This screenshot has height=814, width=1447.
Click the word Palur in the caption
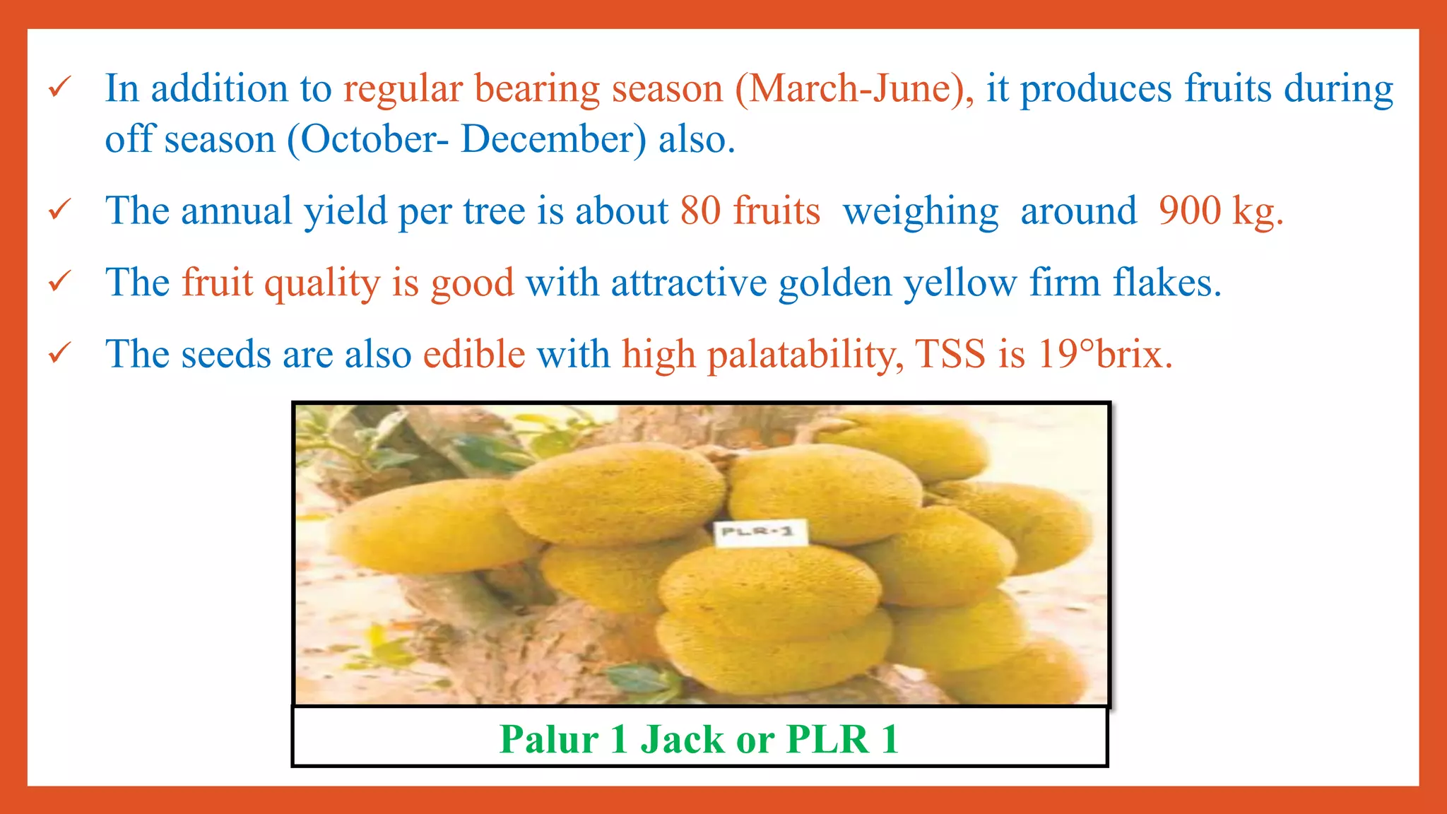(x=549, y=739)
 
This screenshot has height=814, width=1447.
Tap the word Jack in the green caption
(x=682, y=739)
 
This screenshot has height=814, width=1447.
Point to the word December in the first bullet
(x=553, y=138)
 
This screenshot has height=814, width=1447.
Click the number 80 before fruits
(x=700, y=211)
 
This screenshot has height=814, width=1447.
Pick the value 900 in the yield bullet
(x=1190, y=211)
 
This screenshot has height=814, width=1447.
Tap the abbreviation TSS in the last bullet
(x=950, y=354)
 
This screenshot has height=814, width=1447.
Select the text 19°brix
(x=1105, y=354)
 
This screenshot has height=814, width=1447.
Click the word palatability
(x=805, y=355)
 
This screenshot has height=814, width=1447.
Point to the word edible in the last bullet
(x=474, y=354)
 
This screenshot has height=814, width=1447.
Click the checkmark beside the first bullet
(x=59, y=88)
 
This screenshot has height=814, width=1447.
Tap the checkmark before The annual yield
(x=59, y=210)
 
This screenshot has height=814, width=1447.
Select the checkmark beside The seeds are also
(x=59, y=353)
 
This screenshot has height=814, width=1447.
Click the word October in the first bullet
(x=367, y=138)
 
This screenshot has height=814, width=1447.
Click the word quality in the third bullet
(x=322, y=284)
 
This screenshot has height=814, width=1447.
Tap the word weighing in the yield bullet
(x=921, y=212)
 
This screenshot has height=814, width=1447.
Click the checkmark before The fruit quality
(x=59, y=281)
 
